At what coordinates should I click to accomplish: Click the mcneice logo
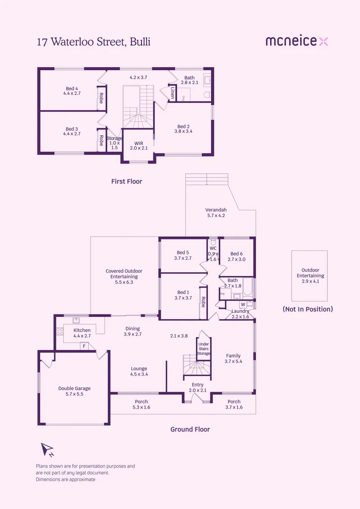pyautogui.click(x=296, y=41)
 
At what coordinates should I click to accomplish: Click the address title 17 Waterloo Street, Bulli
pyautogui.click(x=94, y=42)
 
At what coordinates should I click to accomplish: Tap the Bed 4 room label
pyautogui.click(x=72, y=90)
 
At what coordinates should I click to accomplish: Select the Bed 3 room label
pyautogui.click(x=72, y=131)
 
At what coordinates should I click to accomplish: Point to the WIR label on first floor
pyautogui.click(x=139, y=145)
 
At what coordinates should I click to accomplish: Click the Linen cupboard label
pyautogui.click(x=173, y=93)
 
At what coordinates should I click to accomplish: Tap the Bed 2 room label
pyautogui.click(x=184, y=129)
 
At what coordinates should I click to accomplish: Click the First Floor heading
pyautogui.click(x=126, y=181)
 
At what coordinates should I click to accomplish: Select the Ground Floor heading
pyautogui.click(x=190, y=429)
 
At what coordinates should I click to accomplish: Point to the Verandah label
pyautogui.click(x=216, y=213)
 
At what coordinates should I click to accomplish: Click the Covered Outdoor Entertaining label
pyautogui.click(x=124, y=277)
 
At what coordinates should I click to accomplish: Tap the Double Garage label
pyautogui.click(x=74, y=391)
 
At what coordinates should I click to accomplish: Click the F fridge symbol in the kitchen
pyautogui.click(x=84, y=346)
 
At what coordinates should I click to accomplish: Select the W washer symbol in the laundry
pyautogui.click(x=243, y=304)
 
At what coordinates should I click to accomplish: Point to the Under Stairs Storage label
pyautogui.click(x=204, y=349)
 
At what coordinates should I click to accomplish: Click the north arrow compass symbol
pyautogui.click(x=48, y=450)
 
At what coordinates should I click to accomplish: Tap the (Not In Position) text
pyautogui.click(x=308, y=309)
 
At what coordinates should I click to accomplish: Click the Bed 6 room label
pyautogui.click(x=237, y=256)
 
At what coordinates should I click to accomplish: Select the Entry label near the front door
pyautogui.click(x=197, y=387)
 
